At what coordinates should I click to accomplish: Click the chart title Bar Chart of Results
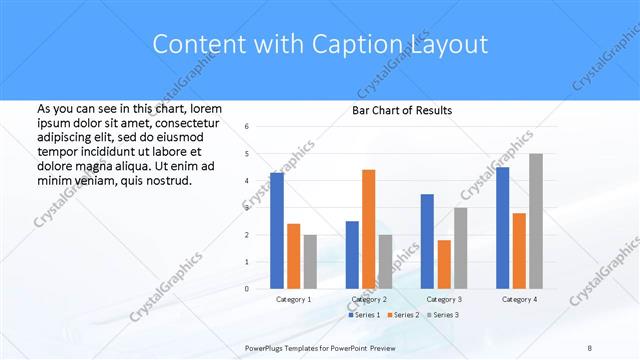[401, 110]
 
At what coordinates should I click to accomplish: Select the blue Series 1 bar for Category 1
[277, 231]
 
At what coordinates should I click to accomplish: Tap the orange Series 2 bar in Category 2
[368, 229]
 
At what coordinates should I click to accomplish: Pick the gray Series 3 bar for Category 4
[536, 221]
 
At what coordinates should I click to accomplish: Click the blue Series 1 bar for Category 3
[427, 241]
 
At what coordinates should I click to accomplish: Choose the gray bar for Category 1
[310, 262]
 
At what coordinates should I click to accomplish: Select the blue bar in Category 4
[502, 228]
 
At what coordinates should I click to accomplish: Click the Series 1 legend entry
[363, 315]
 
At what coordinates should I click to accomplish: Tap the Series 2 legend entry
[403, 315]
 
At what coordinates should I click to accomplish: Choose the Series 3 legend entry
[443, 315]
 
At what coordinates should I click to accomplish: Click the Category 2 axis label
[368, 299]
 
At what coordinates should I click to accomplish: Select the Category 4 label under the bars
[519, 299]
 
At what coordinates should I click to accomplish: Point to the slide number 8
[590, 346]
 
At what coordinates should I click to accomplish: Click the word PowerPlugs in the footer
[267, 346]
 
